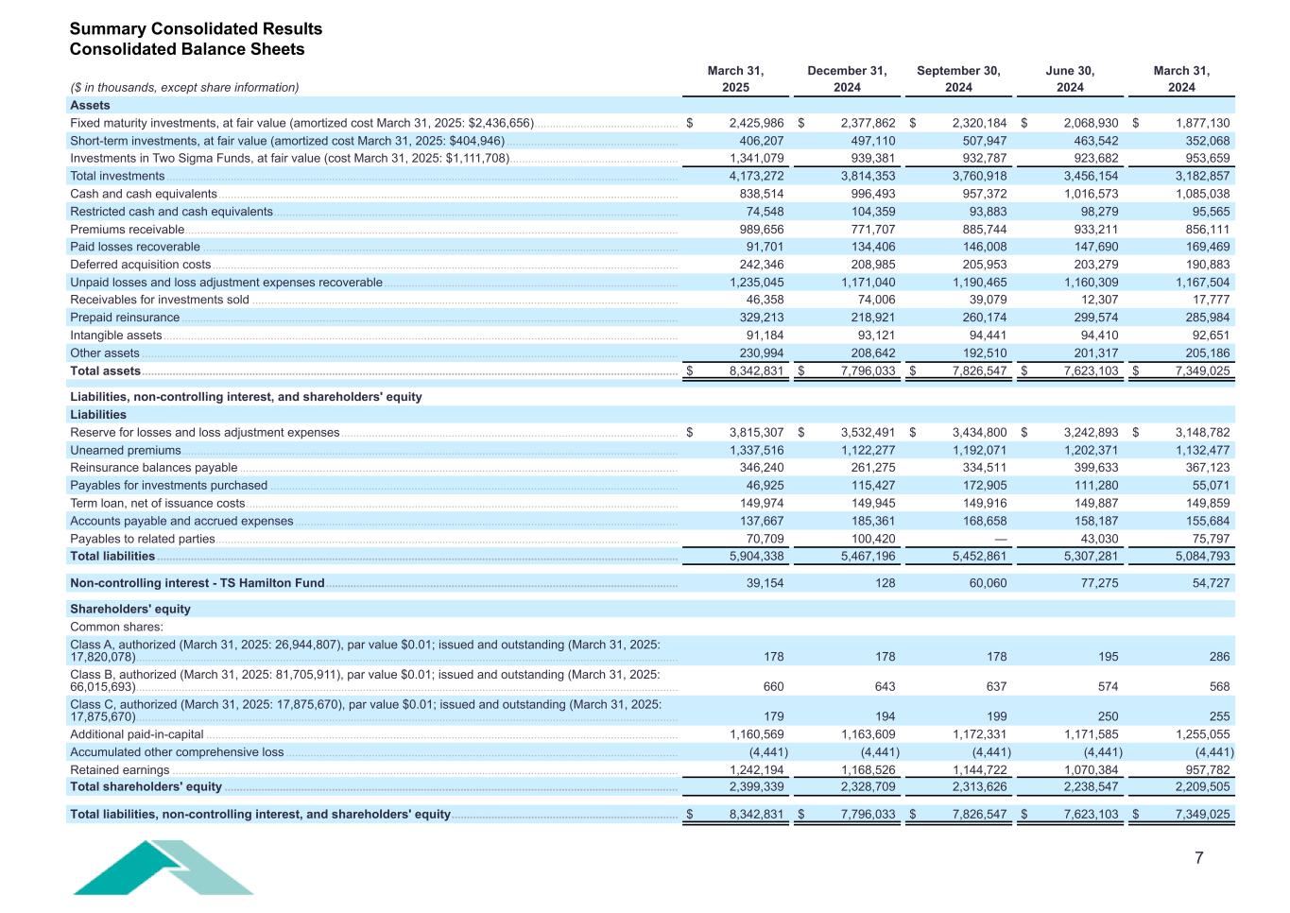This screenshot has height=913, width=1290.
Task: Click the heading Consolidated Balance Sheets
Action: tap(187, 49)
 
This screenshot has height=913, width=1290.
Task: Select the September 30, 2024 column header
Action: tap(958, 78)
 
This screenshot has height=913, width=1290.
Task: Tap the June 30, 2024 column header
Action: tap(1070, 78)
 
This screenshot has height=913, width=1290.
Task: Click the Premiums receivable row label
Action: tap(128, 230)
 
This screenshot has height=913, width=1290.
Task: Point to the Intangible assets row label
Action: tap(116, 336)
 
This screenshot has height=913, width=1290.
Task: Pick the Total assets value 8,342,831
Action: tap(756, 371)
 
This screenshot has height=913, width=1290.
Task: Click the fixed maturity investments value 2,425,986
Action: tap(756, 123)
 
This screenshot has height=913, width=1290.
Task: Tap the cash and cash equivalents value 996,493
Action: tap(868, 194)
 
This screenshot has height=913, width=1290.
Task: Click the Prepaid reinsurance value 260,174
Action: tap(979, 318)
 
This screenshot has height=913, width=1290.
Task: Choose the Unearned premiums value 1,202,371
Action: tap(1091, 451)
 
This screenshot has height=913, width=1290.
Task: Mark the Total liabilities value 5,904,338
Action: tap(756, 557)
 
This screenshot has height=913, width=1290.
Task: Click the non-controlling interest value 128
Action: tap(885, 583)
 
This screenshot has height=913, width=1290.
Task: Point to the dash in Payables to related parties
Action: tap(1001, 539)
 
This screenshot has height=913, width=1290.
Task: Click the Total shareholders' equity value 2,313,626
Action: tap(979, 786)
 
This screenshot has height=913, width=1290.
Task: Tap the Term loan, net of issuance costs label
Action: tap(158, 504)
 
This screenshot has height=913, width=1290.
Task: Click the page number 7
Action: tap(1199, 858)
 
